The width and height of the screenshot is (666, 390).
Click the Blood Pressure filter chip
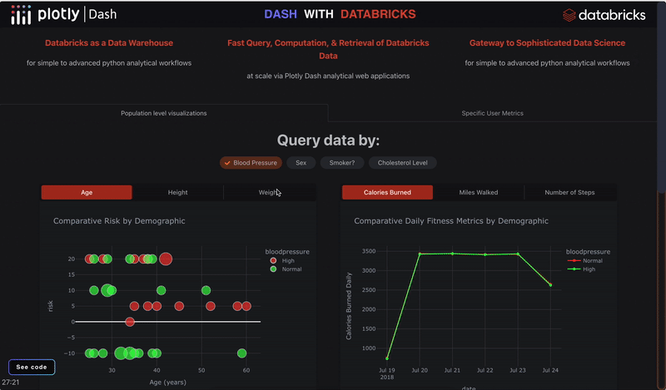tap(251, 163)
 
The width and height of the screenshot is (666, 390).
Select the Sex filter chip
tap(301, 163)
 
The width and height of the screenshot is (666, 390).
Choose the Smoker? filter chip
tap(341, 163)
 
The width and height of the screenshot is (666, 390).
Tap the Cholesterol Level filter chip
tap(403, 163)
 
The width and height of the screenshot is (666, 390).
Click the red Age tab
tap(87, 192)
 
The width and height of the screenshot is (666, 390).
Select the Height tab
tap(177, 192)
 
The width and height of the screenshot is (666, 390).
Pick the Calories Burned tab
tap(387, 192)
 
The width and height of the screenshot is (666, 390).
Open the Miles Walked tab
tap(479, 192)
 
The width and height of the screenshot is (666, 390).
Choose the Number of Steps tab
tap(569, 192)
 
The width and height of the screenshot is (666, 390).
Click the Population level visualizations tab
tap(164, 113)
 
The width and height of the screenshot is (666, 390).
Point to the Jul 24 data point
tap(549, 284)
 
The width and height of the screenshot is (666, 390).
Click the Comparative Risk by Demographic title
tap(119, 221)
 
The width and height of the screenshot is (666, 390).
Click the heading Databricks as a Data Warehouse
tap(109, 42)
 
